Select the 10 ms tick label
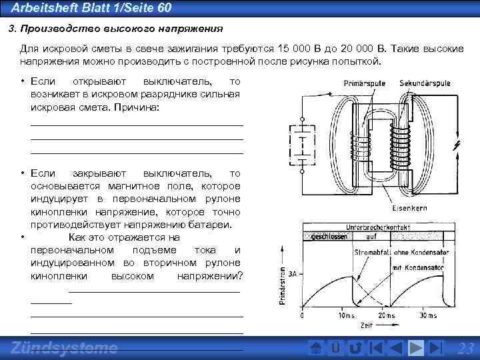coord(347,315)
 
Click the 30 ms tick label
coord(427,315)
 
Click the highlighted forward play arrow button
coord(415,348)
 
